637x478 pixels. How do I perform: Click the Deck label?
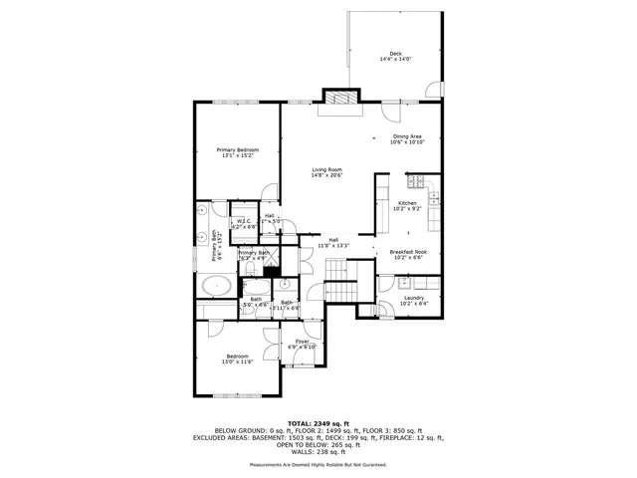pyautogui.click(x=395, y=54)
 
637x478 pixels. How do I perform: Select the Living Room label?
pyautogui.click(x=326, y=170)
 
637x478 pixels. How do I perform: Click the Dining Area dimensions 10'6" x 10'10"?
pyautogui.click(x=408, y=142)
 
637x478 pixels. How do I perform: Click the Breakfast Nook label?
pyautogui.click(x=408, y=252)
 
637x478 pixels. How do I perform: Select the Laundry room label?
pyautogui.click(x=412, y=298)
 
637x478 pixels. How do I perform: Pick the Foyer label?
pyautogui.click(x=302, y=342)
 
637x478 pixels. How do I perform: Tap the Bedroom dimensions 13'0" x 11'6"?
pyautogui.click(x=237, y=361)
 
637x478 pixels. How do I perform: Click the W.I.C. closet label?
pyautogui.click(x=244, y=221)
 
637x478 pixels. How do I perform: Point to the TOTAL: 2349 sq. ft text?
pyautogui.click(x=318, y=422)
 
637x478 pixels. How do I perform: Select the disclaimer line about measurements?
pyautogui.click(x=318, y=464)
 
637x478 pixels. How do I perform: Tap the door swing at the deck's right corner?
pyautogui.click(x=432, y=92)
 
